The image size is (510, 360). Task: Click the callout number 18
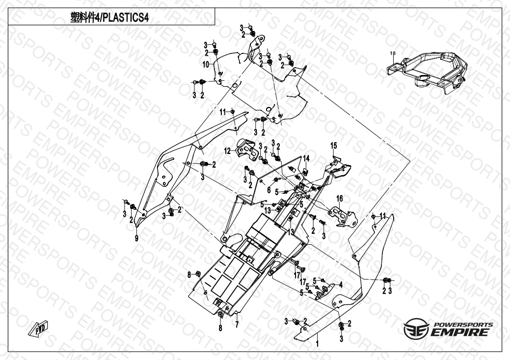(x=392, y=52)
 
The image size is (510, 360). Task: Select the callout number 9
(x=137, y=238)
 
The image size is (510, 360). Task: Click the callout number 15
(x=333, y=146)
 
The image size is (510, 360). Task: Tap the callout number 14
(x=306, y=158)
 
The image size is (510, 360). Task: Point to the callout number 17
(x=296, y=275)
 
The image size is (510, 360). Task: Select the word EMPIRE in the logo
(x=460, y=333)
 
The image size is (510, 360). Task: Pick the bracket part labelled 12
(x=247, y=149)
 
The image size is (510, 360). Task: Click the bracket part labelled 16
(x=343, y=215)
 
